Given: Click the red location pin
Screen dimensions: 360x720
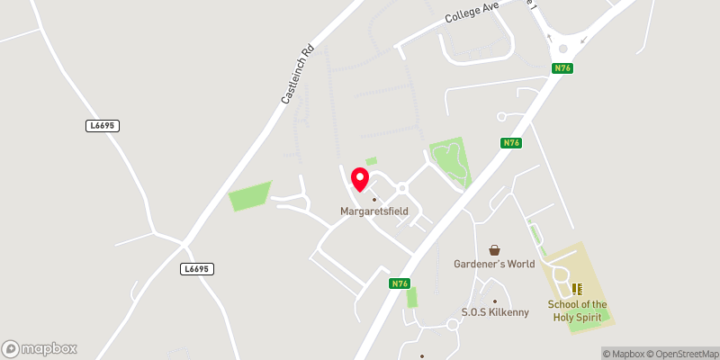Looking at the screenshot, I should [x=360, y=178].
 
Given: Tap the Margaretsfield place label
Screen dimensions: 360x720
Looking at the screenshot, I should [x=374, y=211].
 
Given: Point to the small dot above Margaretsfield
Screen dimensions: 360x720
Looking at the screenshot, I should [x=374, y=199].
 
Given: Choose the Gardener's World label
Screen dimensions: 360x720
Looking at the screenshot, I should [x=494, y=264].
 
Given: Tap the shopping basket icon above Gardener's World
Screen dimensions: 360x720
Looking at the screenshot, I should [x=494, y=249].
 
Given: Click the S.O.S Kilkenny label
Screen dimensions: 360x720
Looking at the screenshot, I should [x=494, y=312].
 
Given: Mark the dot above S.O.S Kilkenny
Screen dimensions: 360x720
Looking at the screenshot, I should [x=494, y=301].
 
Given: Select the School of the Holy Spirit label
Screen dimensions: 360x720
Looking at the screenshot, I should [x=577, y=310].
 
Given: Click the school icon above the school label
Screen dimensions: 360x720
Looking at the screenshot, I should [x=577, y=289].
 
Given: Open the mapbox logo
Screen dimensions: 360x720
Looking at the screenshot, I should [x=40, y=348].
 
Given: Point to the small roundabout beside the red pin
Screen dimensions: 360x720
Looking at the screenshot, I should [x=402, y=188].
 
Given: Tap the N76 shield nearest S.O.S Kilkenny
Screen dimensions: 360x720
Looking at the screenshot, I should [x=401, y=283].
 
